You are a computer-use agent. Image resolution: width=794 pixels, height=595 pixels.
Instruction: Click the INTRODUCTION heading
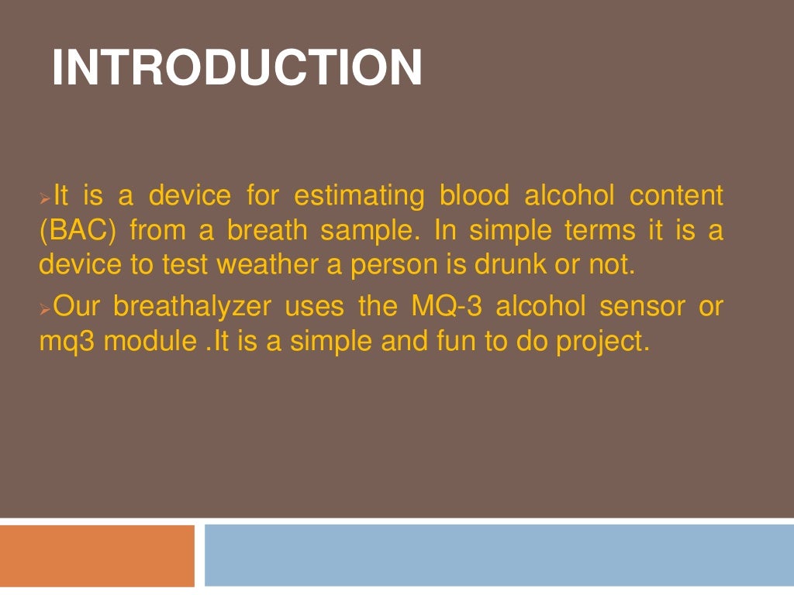(236, 67)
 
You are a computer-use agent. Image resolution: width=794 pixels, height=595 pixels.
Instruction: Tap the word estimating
(359, 196)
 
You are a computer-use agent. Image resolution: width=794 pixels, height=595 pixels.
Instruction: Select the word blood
(475, 196)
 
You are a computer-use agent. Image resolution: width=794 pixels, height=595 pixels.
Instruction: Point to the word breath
(266, 231)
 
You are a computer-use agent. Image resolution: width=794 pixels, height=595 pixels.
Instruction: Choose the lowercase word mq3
(67, 342)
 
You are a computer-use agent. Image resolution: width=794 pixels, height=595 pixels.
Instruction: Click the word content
(676, 196)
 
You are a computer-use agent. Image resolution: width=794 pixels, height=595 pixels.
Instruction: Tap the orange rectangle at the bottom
(97, 555)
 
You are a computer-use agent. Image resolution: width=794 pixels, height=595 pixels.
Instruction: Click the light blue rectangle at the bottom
(499, 555)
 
